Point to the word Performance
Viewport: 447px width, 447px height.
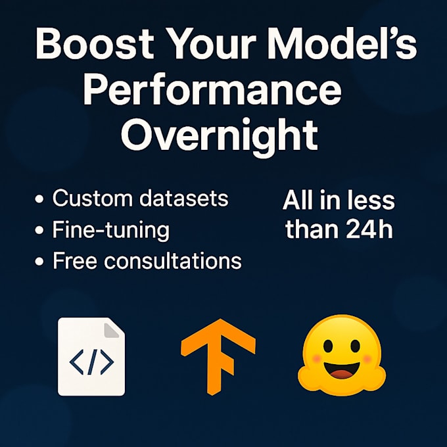tap(212, 92)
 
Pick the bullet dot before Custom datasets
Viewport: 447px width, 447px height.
tap(40, 199)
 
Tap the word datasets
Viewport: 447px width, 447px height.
tap(184, 198)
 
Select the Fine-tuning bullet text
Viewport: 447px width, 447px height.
tap(110, 231)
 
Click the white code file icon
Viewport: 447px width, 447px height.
tap(91, 356)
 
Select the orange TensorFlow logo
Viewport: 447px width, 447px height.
tap(218, 356)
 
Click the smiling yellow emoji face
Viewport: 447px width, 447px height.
tap(341, 352)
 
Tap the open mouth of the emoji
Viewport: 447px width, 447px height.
tap(341, 373)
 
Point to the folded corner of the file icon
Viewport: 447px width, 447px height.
tap(114, 328)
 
